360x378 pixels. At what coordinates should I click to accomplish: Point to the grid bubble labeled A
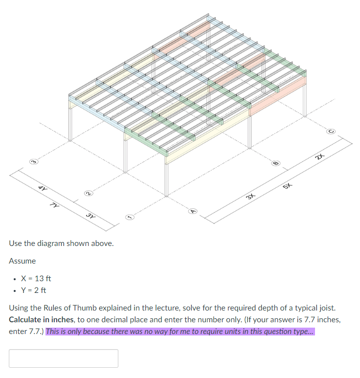193,211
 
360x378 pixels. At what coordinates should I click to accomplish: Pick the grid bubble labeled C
331,132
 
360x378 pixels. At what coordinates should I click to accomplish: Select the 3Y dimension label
90,215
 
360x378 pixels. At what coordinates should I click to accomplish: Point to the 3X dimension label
250,197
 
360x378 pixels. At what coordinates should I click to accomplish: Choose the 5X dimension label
288,186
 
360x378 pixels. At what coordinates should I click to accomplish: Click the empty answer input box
64,358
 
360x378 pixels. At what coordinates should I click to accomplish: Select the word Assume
22,261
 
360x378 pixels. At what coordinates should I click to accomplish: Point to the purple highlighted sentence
180,331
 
